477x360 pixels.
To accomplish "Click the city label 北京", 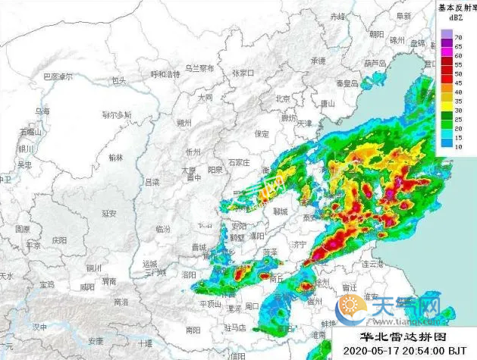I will click(x=283, y=99).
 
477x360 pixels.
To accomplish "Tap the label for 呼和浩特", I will click(x=165, y=74).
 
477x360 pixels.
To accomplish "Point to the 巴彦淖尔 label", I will click(x=58, y=77).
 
